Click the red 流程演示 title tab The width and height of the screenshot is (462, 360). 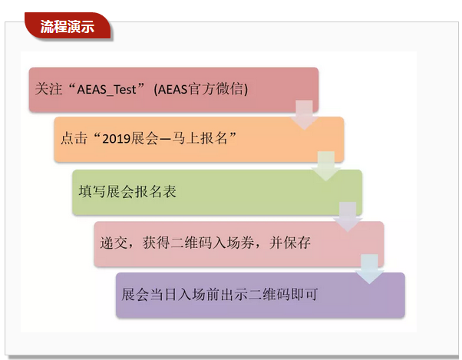coord(68,26)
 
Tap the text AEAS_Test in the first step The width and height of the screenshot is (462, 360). coord(107,89)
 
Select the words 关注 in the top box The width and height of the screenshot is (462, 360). coord(48,89)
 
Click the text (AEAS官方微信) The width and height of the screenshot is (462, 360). coord(200,89)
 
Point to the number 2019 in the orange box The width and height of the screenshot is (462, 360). coord(117,138)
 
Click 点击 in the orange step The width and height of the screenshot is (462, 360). coord(74,138)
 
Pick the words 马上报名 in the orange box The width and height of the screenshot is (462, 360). coord(200,138)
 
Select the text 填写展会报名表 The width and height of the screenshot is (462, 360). coord(127,191)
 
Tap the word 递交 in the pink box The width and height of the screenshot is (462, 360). coord(114,243)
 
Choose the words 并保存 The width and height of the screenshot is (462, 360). coord(289,243)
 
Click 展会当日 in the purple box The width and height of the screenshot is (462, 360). coord(149,294)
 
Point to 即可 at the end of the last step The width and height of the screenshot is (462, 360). coord(305,294)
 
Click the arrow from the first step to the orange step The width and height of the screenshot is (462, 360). coord(305,115)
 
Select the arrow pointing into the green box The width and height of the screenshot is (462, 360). coord(326,166)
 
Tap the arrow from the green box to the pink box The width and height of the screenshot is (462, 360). coord(348,217)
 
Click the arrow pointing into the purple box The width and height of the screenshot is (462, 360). coord(369,269)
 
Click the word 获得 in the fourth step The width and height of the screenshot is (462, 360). coord(156,243)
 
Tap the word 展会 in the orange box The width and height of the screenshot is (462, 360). coord(145,138)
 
